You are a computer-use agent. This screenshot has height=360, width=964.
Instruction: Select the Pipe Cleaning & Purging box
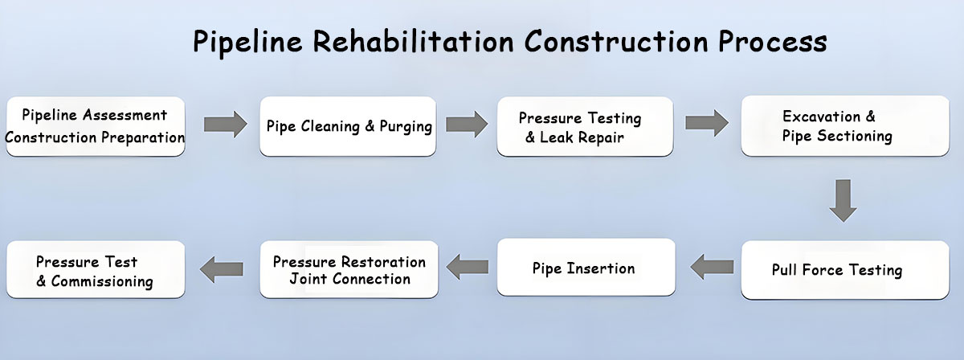(x=348, y=126)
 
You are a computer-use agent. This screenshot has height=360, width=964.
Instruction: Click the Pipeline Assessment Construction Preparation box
(x=95, y=126)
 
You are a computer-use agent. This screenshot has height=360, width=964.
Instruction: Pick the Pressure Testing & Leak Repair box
(x=585, y=126)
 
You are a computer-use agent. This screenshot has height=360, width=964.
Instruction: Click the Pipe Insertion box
(x=585, y=268)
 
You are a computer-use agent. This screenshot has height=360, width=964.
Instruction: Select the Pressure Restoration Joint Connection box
(x=349, y=270)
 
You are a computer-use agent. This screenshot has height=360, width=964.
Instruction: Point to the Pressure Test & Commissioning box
(x=95, y=271)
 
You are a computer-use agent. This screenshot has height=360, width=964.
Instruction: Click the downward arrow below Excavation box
(x=843, y=200)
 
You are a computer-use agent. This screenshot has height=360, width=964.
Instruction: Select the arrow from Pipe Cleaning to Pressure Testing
(x=467, y=124)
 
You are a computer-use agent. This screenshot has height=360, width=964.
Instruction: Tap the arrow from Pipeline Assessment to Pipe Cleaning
(x=225, y=124)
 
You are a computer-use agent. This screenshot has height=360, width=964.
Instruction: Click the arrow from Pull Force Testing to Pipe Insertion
(x=712, y=265)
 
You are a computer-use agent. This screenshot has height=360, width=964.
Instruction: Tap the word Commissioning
(x=102, y=282)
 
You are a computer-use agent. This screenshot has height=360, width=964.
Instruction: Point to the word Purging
(x=406, y=127)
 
